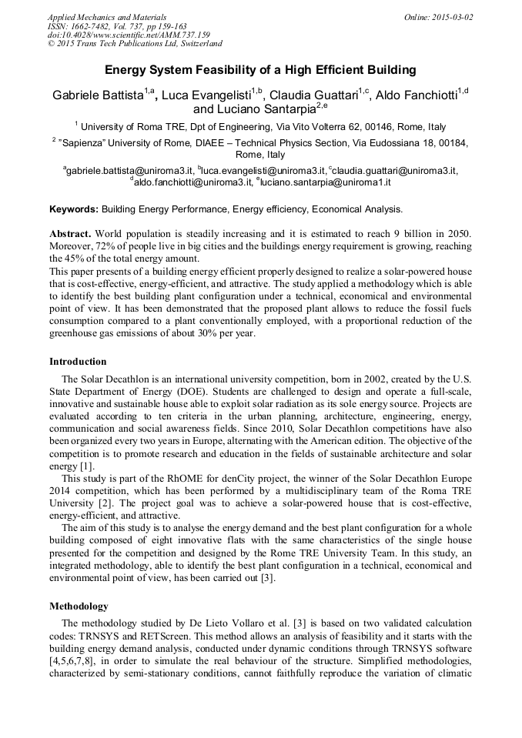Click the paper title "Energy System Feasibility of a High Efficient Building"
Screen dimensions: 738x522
point(260,70)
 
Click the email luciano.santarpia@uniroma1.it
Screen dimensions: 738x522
point(326,182)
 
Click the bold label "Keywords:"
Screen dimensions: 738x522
point(74,209)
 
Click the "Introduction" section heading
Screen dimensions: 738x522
point(78,361)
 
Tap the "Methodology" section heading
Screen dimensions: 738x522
point(79,606)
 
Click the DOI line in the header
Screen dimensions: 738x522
point(129,35)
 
